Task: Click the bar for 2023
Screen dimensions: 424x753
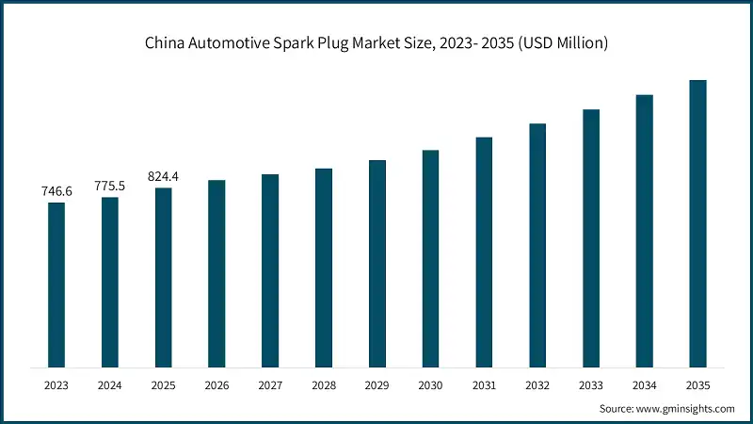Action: [56, 285]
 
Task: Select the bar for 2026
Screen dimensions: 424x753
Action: [216, 273]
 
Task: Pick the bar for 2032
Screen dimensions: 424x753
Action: [537, 245]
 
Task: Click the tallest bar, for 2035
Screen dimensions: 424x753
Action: [697, 223]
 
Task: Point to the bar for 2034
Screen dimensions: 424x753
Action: [644, 231]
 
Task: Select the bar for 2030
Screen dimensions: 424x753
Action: [430, 258]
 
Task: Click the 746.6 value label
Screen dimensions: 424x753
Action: [56, 191]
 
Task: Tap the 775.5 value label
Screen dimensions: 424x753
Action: [110, 186]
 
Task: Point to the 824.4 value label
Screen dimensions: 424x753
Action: [164, 176]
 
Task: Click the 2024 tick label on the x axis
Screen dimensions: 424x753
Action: [110, 384]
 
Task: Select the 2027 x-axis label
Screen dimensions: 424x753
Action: [270, 384]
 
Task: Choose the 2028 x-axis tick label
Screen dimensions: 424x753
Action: [324, 384]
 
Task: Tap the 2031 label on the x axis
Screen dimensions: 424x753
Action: [484, 384]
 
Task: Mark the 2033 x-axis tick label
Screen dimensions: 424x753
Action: [590, 384]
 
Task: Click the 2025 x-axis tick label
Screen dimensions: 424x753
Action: [164, 384]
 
